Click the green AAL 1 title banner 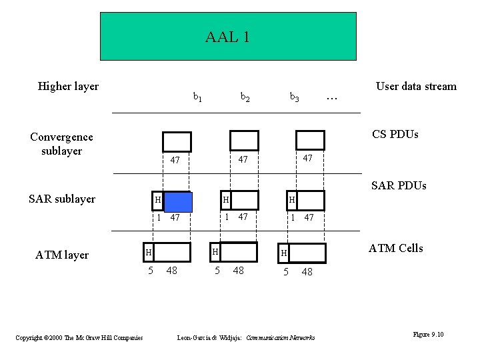click(227, 37)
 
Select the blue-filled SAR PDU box click(177, 201)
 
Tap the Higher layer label click(68, 86)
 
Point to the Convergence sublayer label click(61, 143)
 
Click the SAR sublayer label click(62, 199)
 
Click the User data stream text click(416, 86)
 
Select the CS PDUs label click(395, 134)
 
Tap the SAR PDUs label click(398, 185)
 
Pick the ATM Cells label click(396, 248)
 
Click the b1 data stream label click(197, 97)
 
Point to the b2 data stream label click(245, 97)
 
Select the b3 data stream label click(294, 97)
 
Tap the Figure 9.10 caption click(428, 334)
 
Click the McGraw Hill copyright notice click(79, 338)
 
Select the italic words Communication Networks click(280, 338)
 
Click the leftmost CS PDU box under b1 click(177, 141)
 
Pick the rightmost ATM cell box click(307, 253)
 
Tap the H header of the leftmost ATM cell click(149, 252)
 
